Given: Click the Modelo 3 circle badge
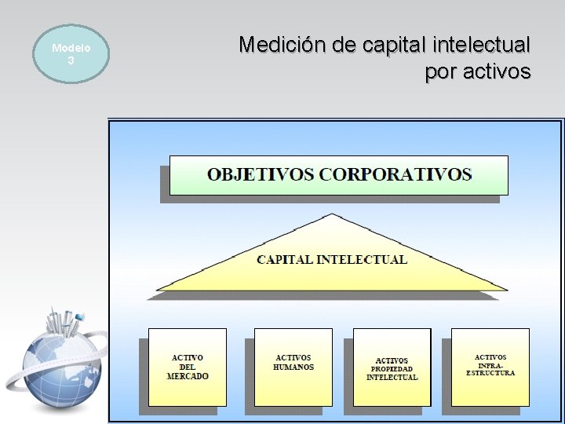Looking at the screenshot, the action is point(71,53).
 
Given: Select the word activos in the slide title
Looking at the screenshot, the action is point(494,72).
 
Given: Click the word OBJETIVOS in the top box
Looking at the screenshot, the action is point(259,174).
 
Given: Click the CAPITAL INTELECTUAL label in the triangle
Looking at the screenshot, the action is point(332,259).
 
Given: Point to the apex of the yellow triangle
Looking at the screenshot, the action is point(333,215).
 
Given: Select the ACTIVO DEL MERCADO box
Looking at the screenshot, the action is point(188,367).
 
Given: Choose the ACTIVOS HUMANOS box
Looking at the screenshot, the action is point(293,367).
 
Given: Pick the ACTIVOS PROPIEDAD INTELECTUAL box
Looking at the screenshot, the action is point(392,367).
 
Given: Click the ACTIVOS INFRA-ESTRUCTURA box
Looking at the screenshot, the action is point(490,367).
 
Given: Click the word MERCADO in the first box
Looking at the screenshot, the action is point(188,377).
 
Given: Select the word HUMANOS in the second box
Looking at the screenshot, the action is point(293,367).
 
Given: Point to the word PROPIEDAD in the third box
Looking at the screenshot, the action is point(392,369).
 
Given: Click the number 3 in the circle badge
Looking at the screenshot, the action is point(71,60).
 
